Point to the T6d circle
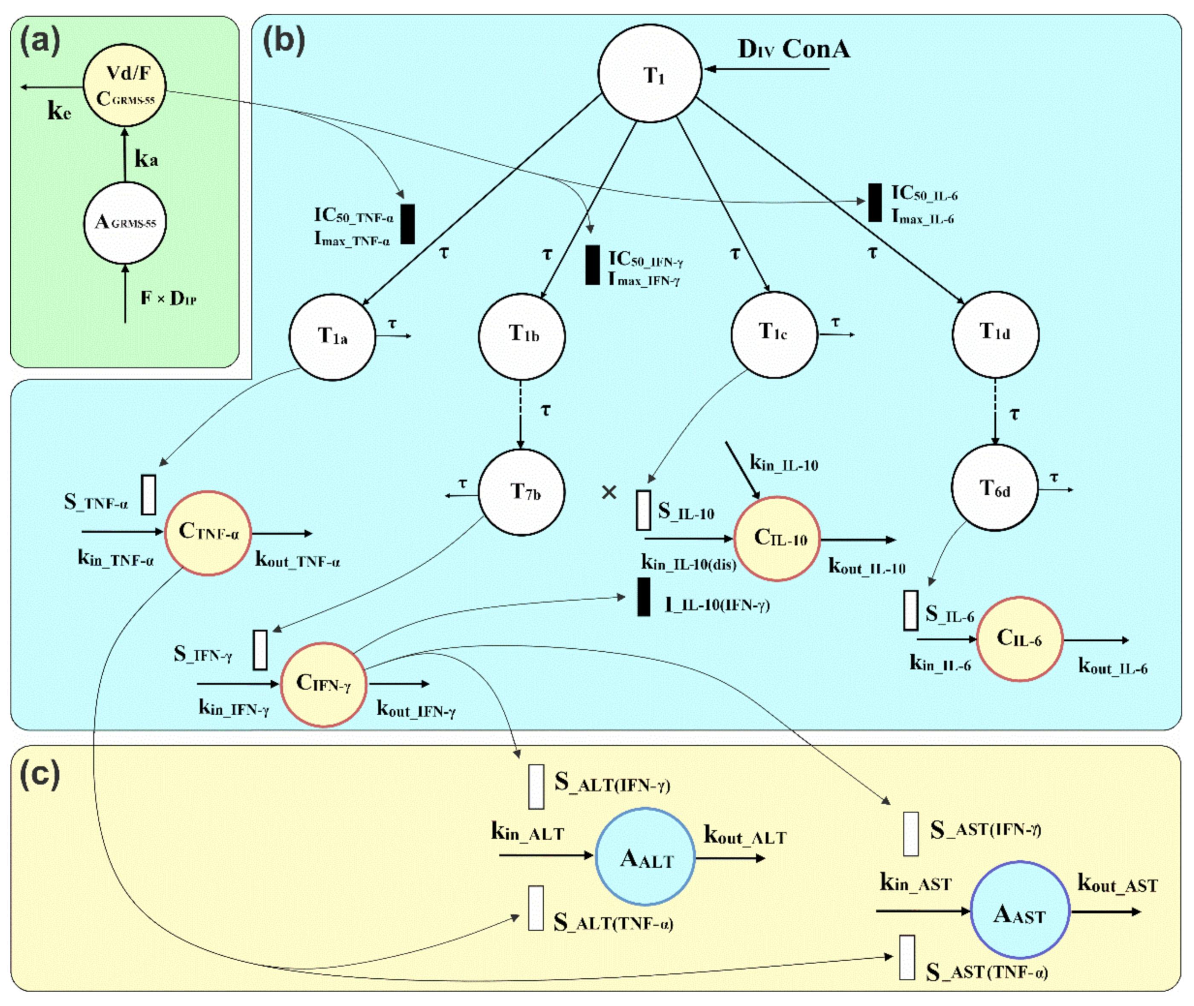[994, 488]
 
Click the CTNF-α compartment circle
[208, 533]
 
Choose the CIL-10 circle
[777, 538]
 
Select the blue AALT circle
[645, 856]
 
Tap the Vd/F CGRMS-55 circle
[125, 85]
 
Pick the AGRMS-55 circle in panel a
[125, 223]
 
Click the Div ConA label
[794, 49]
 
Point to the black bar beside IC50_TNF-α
[407, 224]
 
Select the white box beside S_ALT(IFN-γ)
[536, 786]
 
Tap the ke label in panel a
[59, 111]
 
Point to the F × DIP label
[169, 298]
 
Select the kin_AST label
[916, 883]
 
